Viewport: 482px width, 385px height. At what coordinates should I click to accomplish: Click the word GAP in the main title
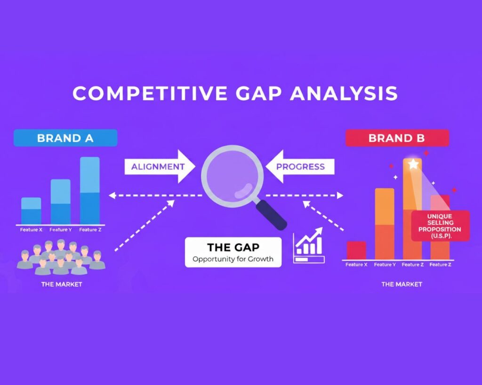(x=256, y=93)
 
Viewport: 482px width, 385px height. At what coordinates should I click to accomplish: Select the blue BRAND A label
(x=65, y=138)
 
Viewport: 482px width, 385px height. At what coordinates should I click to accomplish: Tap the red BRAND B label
(x=397, y=138)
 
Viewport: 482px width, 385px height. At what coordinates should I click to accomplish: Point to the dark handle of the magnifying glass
(x=272, y=214)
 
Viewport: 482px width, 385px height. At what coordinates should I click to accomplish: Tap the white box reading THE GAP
(x=233, y=252)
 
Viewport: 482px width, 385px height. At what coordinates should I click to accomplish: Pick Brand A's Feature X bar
(x=31, y=211)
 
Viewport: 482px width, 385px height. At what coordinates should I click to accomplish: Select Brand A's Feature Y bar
(x=60, y=202)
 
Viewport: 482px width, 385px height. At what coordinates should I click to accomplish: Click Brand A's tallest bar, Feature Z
(x=89, y=190)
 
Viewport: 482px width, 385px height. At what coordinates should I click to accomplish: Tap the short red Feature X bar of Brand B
(x=356, y=250)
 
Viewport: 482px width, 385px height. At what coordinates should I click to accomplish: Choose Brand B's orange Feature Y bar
(x=385, y=223)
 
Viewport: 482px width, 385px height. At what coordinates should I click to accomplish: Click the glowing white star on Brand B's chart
(x=413, y=164)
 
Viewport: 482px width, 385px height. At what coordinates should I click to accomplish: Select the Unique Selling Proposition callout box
(x=440, y=226)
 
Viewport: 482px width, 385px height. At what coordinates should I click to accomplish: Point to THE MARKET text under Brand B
(x=402, y=284)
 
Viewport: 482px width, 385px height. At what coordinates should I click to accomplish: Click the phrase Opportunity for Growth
(x=233, y=259)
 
